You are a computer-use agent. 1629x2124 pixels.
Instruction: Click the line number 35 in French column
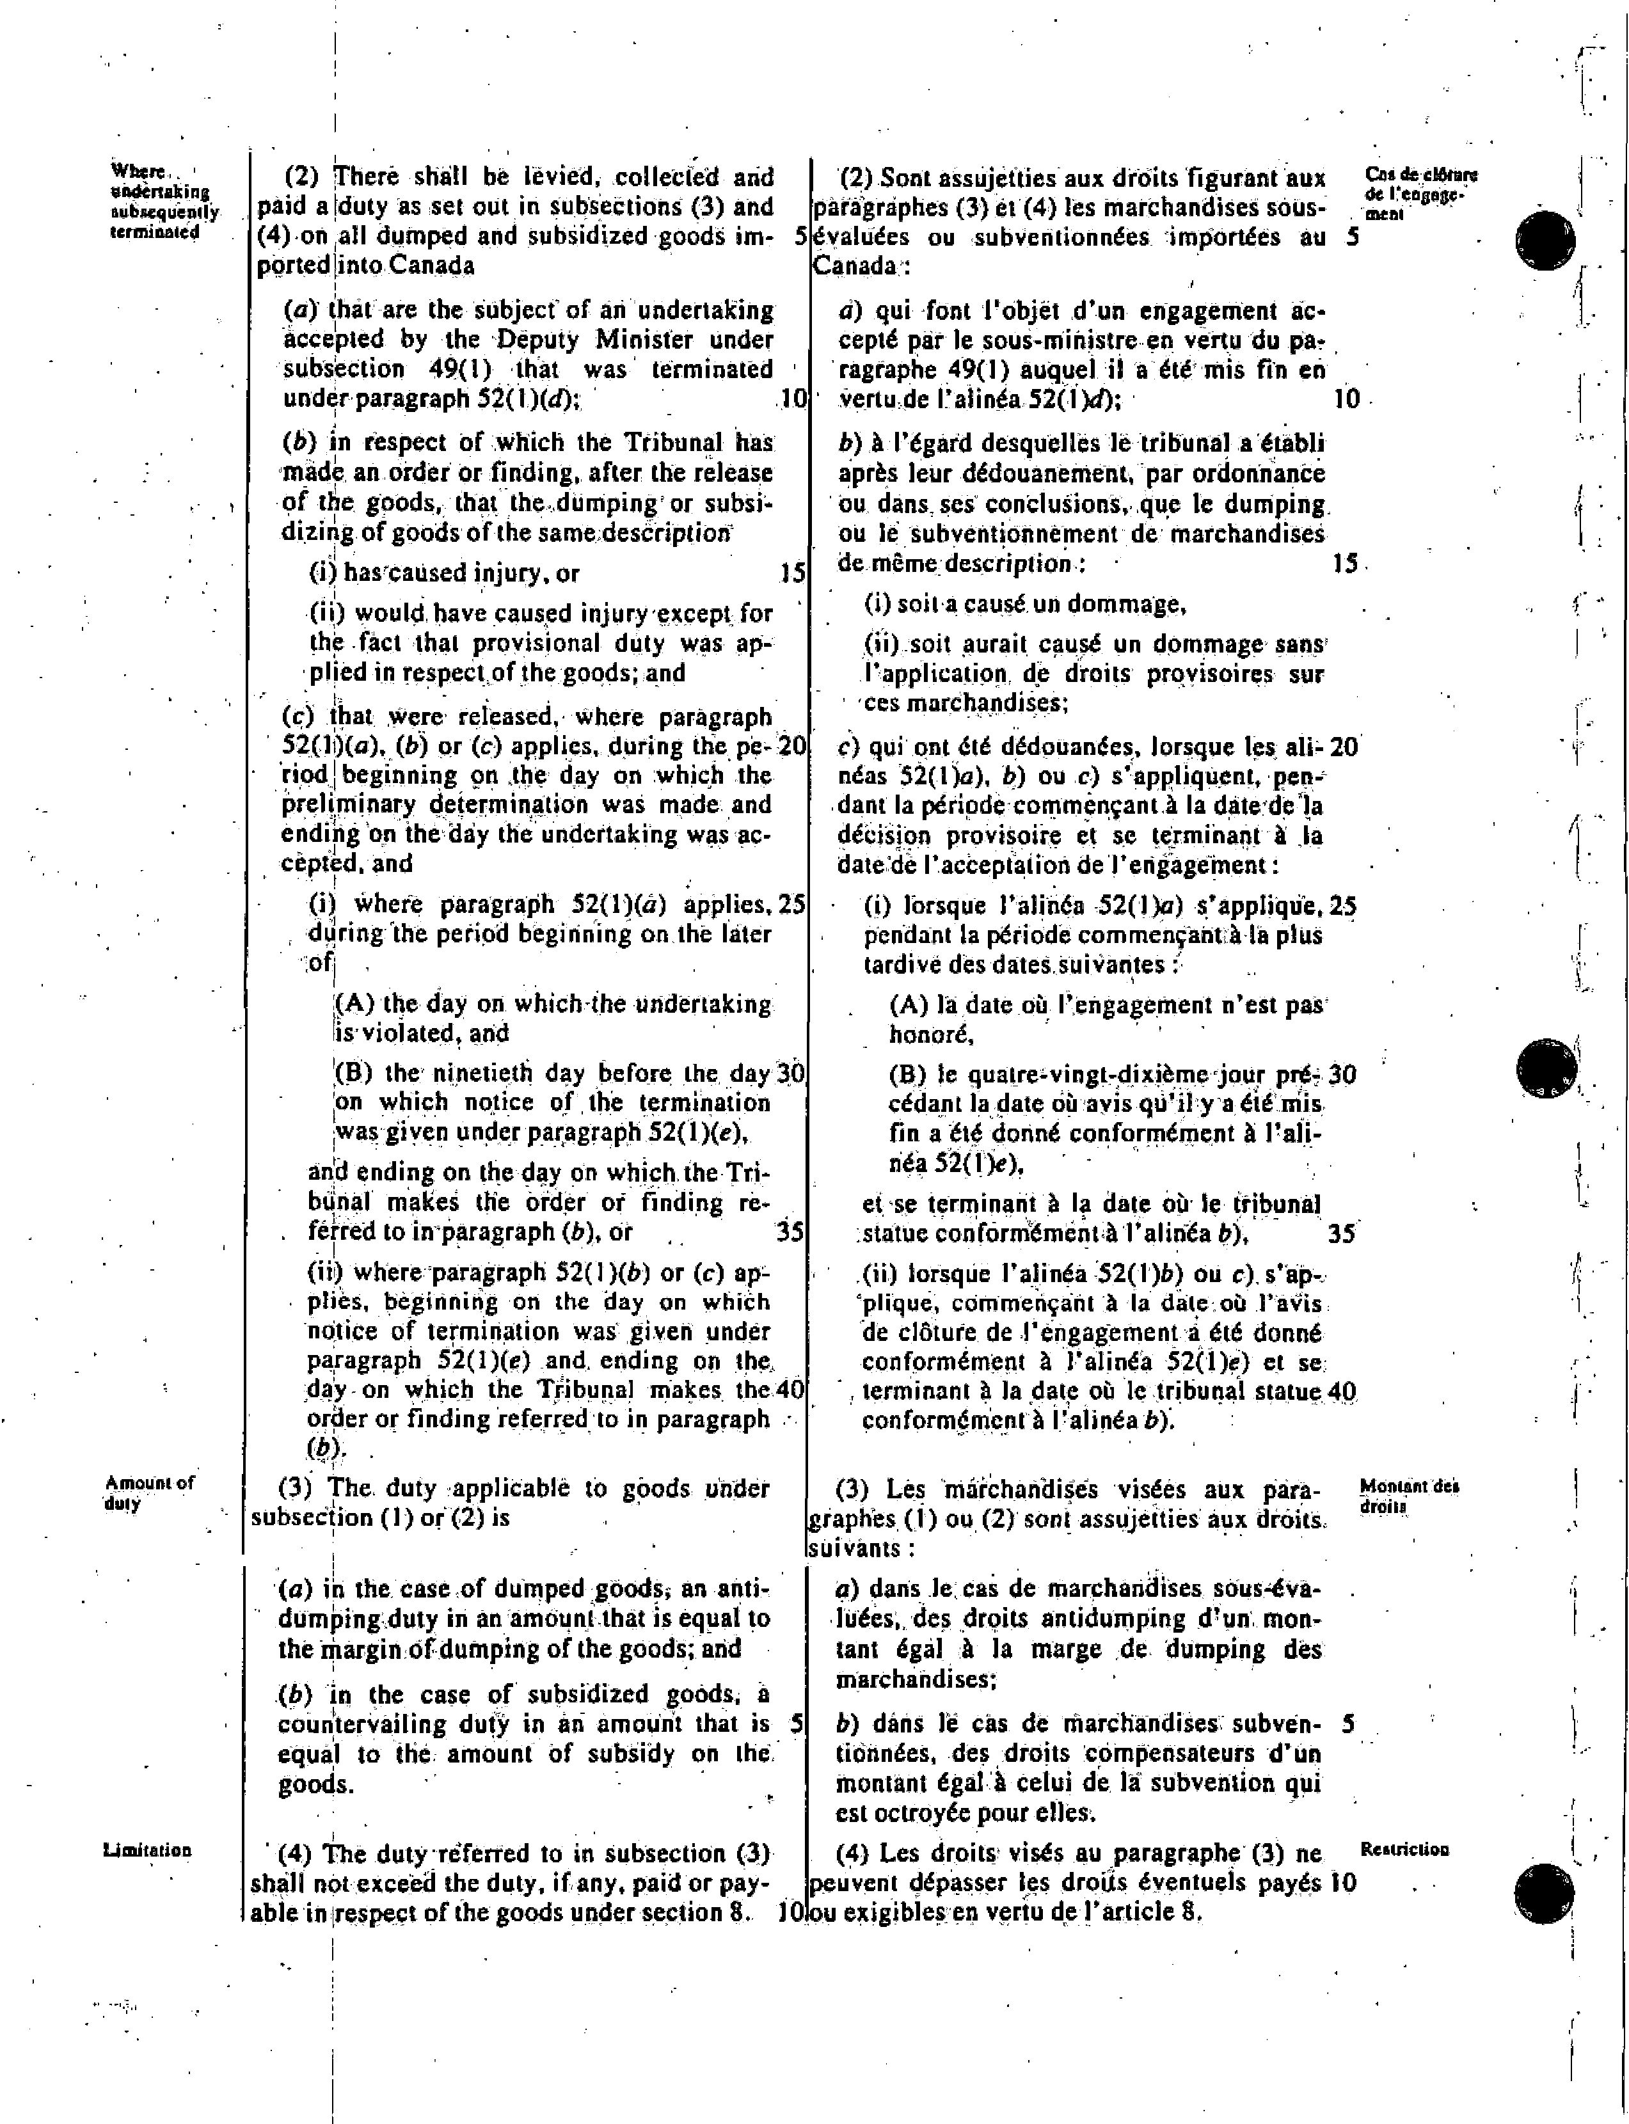[1341, 1234]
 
